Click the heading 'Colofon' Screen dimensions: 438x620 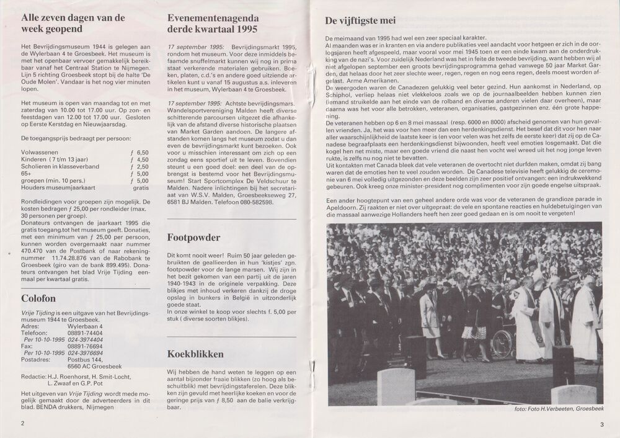pyautogui.click(x=34, y=298)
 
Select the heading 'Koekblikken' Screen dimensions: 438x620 pyautogui.click(x=194, y=354)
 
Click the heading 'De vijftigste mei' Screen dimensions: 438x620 pyautogui.click(x=360, y=20)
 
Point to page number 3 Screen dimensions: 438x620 pyautogui.click(x=601, y=424)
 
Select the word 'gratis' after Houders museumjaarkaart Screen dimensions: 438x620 pyautogui.click(x=141, y=187)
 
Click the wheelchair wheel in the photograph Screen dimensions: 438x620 pyautogui.click(x=503, y=343)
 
